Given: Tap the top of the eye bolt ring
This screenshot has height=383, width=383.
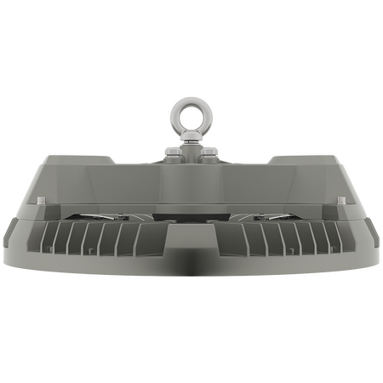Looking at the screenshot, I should point(191,99).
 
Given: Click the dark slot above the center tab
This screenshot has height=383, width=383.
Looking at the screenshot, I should point(191,217).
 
